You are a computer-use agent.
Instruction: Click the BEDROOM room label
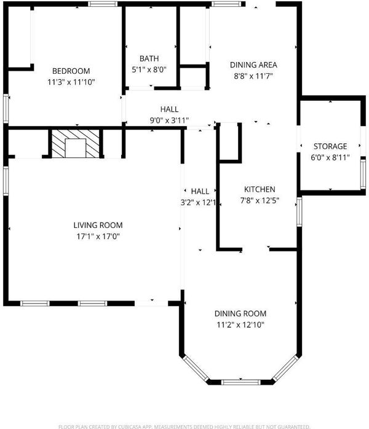pyautogui.click(x=71, y=71)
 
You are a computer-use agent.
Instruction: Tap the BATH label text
pyautogui.click(x=149, y=58)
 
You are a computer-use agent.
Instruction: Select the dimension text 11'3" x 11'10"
pyautogui.click(x=71, y=82)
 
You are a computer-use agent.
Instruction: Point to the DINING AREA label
pyautogui.click(x=253, y=65)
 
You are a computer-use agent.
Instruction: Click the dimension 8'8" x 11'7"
pyautogui.click(x=253, y=76)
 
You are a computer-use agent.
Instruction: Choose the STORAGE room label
pyautogui.click(x=330, y=146)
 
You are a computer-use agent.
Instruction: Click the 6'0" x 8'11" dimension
pyautogui.click(x=330, y=157)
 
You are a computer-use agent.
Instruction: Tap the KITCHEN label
pyautogui.click(x=260, y=189)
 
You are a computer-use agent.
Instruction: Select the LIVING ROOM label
pyautogui.click(x=98, y=225)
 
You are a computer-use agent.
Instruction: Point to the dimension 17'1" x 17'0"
pyautogui.click(x=98, y=237)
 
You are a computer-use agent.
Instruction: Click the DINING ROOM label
pyautogui.click(x=240, y=313)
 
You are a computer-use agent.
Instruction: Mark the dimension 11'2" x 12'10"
pyautogui.click(x=240, y=325)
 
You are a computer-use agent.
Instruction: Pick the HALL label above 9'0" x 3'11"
pyautogui.click(x=170, y=109)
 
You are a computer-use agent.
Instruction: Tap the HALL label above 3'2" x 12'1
pyautogui.click(x=200, y=191)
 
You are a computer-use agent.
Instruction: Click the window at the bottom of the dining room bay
pyautogui.click(x=240, y=382)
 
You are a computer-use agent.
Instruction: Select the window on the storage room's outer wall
pyautogui.click(x=363, y=174)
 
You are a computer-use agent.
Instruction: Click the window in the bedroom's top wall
pyautogui.click(x=103, y=4)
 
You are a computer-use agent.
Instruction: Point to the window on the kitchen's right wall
pyautogui.click(x=300, y=212)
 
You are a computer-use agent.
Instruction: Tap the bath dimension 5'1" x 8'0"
pyautogui.click(x=149, y=70)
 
